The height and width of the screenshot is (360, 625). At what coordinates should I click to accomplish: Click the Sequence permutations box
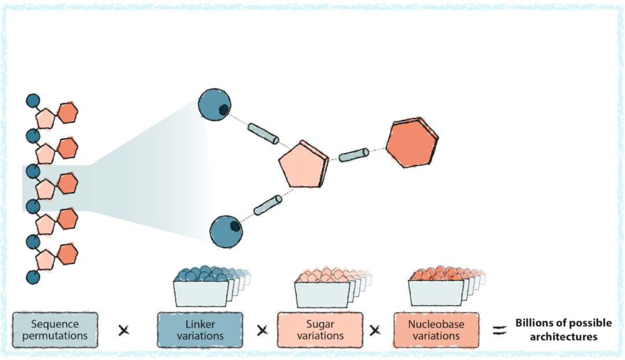pyautogui.click(x=55, y=330)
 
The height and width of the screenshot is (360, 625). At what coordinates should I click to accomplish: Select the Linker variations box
pyautogui.click(x=200, y=330)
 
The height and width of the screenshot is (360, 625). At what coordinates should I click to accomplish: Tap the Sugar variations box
pyautogui.click(x=320, y=330)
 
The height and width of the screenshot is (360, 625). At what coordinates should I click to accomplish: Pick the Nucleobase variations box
pyautogui.click(x=436, y=330)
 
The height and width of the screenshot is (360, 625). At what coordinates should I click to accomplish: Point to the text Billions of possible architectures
pyautogui.click(x=563, y=329)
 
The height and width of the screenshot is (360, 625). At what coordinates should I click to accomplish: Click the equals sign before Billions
pyautogui.click(x=499, y=330)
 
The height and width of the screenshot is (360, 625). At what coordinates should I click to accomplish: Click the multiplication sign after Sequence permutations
pyautogui.click(x=123, y=330)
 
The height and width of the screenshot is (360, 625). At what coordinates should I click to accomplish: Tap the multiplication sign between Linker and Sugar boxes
pyautogui.click(x=262, y=330)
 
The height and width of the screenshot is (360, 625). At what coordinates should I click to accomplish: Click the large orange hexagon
pyautogui.click(x=412, y=144)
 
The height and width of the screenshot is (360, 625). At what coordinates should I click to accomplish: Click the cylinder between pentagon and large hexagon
pyautogui.click(x=354, y=155)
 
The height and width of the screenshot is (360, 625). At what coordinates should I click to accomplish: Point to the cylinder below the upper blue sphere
pyautogui.click(x=264, y=134)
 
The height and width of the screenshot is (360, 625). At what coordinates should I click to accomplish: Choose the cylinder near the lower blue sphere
pyautogui.click(x=267, y=205)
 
